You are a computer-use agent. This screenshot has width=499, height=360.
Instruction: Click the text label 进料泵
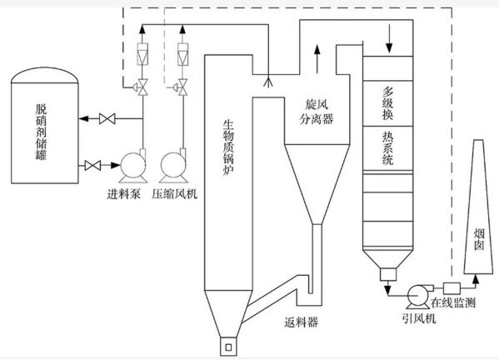124,195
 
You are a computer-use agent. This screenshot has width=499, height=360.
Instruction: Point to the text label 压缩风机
176,195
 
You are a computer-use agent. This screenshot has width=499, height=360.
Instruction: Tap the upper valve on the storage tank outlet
107,119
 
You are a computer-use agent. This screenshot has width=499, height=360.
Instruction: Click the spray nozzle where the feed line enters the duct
267,82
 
